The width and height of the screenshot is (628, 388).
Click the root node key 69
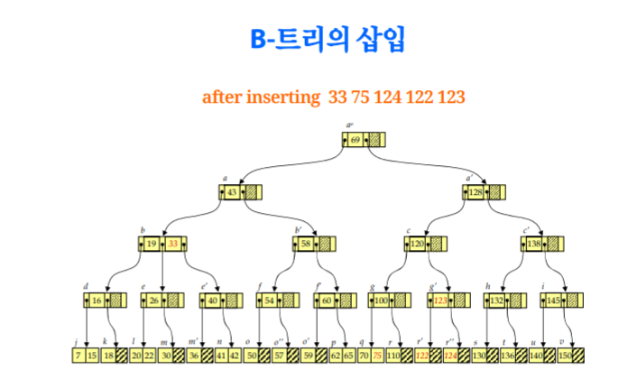pos(356,140)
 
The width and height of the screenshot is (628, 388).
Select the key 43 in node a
pos(232,192)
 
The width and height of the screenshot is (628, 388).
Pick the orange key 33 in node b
pos(173,245)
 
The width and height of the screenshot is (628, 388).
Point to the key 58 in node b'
pos(307,245)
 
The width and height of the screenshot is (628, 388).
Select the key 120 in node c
pos(418,245)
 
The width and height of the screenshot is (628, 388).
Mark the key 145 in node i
pos(553,300)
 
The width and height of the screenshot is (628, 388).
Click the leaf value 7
pos(79,356)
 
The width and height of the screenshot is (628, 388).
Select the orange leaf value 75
pos(376,356)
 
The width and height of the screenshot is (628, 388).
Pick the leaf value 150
pos(564,356)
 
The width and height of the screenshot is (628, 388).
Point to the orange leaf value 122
pos(422,356)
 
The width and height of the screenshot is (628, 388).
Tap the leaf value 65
pos(349,356)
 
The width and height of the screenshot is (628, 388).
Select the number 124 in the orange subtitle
pos(382,96)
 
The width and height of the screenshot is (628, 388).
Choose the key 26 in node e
pos(154,300)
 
